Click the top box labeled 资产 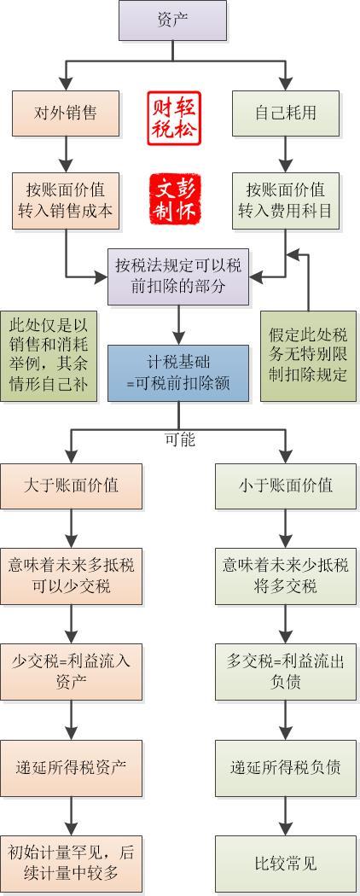coord(173,21)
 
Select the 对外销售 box coord(66,113)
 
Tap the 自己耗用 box coord(286,113)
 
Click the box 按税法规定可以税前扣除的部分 coord(178,276)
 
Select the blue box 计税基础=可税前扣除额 coord(178,373)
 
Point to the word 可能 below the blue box coord(179,440)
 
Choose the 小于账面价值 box coord(286,486)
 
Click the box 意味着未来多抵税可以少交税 coord(71,575)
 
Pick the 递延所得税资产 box coord(71,765)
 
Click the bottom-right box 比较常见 coord(286,863)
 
